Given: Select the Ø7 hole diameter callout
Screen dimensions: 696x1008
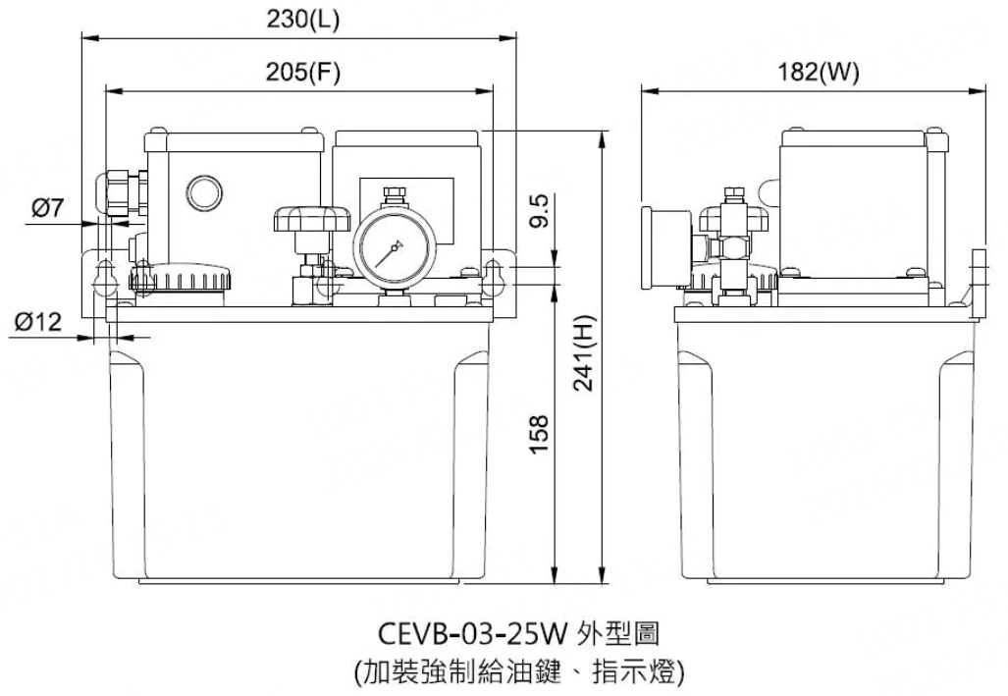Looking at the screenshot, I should point(47,207).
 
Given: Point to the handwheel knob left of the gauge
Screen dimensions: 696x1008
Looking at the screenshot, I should point(312,218).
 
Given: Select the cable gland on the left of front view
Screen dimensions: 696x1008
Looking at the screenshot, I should point(116,192).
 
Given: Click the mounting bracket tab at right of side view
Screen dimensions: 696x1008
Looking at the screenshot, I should point(976,285).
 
